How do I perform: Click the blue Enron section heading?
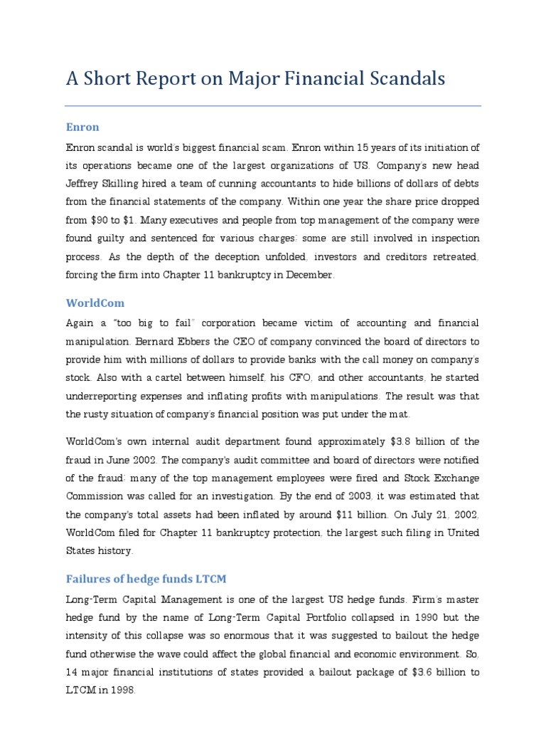(82, 127)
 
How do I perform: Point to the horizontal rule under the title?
(273, 106)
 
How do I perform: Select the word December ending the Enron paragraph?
(308, 275)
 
